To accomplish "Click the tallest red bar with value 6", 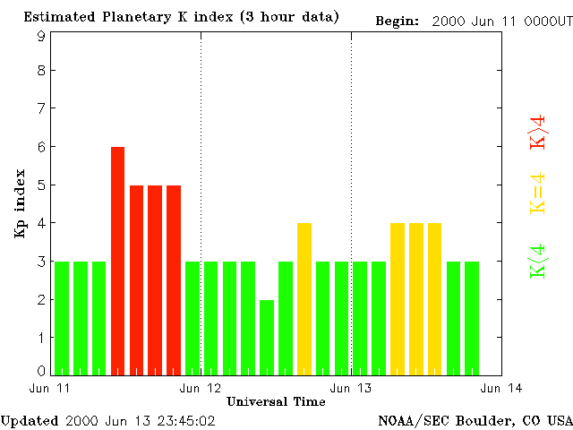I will pyautogui.click(x=117, y=260).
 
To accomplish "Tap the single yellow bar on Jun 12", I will pyautogui.click(x=304, y=298).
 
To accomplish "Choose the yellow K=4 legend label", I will pyautogui.click(x=538, y=192).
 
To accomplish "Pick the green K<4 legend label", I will pyautogui.click(x=538, y=261).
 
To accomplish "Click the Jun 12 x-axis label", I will pyautogui.click(x=201, y=388).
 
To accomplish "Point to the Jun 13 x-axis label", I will pyautogui.click(x=351, y=388).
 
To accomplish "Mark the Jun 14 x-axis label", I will pyautogui.click(x=501, y=388).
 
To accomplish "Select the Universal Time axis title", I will pyautogui.click(x=276, y=401).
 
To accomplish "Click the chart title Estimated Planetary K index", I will pyautogui.click(x=181, y=17).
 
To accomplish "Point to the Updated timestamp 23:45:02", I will pyautogui.click(x=186, y=420).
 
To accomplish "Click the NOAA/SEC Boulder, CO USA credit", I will pyautogui.click(x=475, y=420).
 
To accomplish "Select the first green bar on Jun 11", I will pyautogui.click(x=62, y=317).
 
